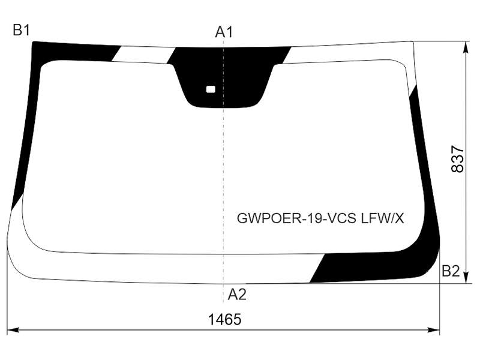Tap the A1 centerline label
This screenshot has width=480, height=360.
tap(224, 32)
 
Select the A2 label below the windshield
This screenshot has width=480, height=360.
tap(237, 295)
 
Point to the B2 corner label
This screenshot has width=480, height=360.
tap(451, 271)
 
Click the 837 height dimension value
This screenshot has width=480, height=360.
tap(458, 159)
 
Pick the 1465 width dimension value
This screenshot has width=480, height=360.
tap(224, 319)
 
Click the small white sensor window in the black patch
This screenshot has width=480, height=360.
tap(211, 89)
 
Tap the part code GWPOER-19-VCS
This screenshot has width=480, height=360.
tap(296, 218)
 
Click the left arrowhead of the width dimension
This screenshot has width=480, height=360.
tap(13, 330)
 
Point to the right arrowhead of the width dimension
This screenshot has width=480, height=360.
tap(434, 330)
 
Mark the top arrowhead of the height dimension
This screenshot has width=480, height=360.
tap(466, 47)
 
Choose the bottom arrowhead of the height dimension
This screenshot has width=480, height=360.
tap(466, 277)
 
